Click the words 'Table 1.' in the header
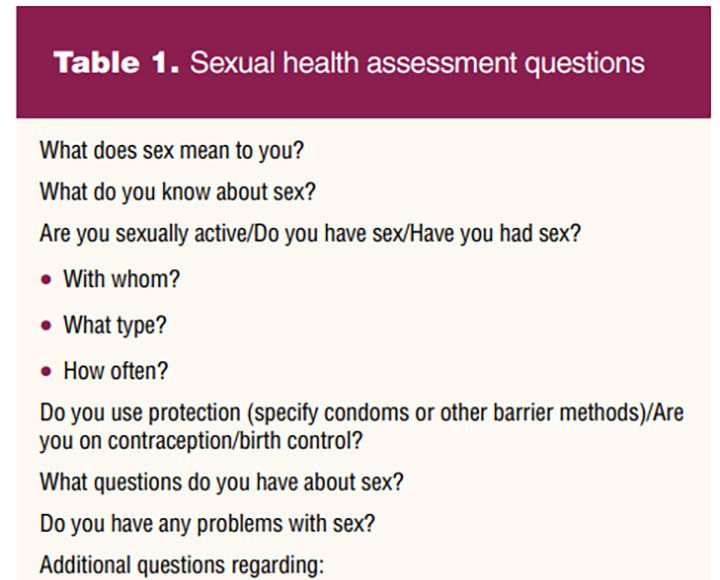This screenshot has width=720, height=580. [x=116, y=62]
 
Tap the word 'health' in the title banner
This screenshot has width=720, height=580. [x=321, y=62]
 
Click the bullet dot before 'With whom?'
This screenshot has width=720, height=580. [x=46, y=279]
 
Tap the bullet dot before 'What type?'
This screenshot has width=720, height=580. [x=46, y=325]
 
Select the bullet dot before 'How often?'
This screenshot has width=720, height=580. [x=46, y=371]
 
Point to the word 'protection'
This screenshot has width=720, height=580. [x=195, y=412]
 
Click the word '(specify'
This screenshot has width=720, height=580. [x=283, y=412]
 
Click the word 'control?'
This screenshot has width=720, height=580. [x=325, y=440]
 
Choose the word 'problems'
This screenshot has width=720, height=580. [x=240, y=524]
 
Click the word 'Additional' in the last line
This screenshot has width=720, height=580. [x=85, y=565]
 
